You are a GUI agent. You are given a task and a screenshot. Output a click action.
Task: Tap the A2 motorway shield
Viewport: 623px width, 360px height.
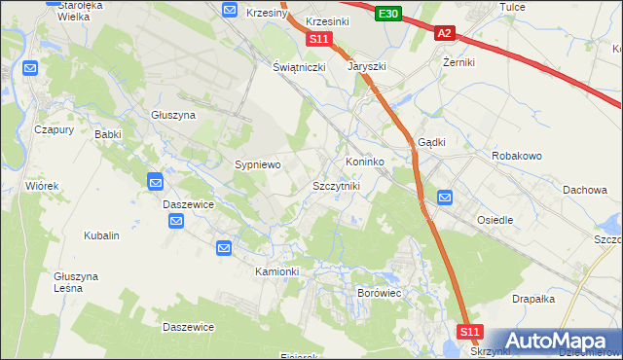444,33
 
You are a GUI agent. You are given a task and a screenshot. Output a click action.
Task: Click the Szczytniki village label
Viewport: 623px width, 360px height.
336,185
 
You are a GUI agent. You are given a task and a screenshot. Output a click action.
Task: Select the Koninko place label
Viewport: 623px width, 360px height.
365,161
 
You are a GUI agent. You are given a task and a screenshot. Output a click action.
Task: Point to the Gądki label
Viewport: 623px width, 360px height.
431,141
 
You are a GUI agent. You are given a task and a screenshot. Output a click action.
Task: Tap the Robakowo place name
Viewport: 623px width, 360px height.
517,156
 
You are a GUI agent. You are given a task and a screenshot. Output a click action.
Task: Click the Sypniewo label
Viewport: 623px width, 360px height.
257,165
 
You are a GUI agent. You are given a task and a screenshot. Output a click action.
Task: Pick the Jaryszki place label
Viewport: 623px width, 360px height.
368,68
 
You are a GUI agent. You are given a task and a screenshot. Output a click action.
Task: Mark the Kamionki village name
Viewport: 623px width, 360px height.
276,270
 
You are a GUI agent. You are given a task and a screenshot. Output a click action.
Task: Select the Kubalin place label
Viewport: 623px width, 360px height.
101,235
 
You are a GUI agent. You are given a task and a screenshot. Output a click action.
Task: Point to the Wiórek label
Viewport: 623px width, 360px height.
43,185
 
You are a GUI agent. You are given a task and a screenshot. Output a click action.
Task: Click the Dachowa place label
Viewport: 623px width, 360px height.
584,190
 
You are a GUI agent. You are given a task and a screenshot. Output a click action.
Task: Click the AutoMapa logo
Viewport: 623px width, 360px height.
560,341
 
